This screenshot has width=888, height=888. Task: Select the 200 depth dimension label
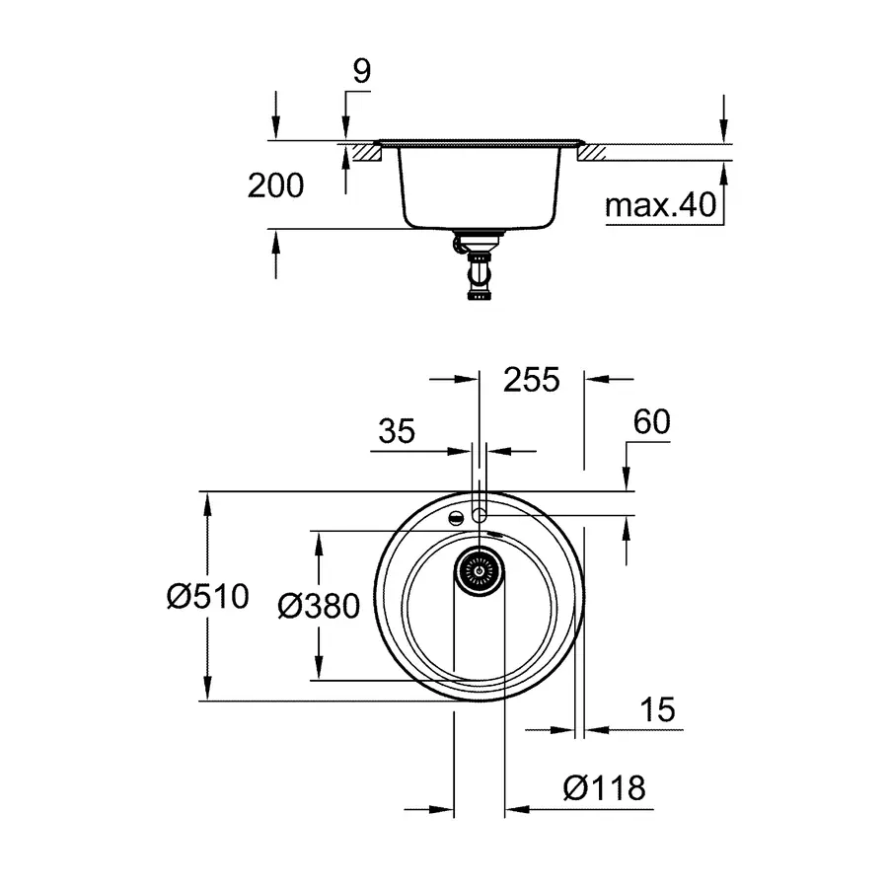275,185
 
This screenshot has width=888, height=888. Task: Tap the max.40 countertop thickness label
659,205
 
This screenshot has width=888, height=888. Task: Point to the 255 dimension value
531,379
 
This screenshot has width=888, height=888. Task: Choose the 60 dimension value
651,421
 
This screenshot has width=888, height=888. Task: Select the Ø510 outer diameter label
208,596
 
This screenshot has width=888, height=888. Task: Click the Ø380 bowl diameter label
319,605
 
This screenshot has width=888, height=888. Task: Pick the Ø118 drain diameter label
604,787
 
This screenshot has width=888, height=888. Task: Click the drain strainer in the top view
480,570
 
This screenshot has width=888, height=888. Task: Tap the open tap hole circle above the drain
480,515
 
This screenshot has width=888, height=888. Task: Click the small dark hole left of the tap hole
456,517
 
